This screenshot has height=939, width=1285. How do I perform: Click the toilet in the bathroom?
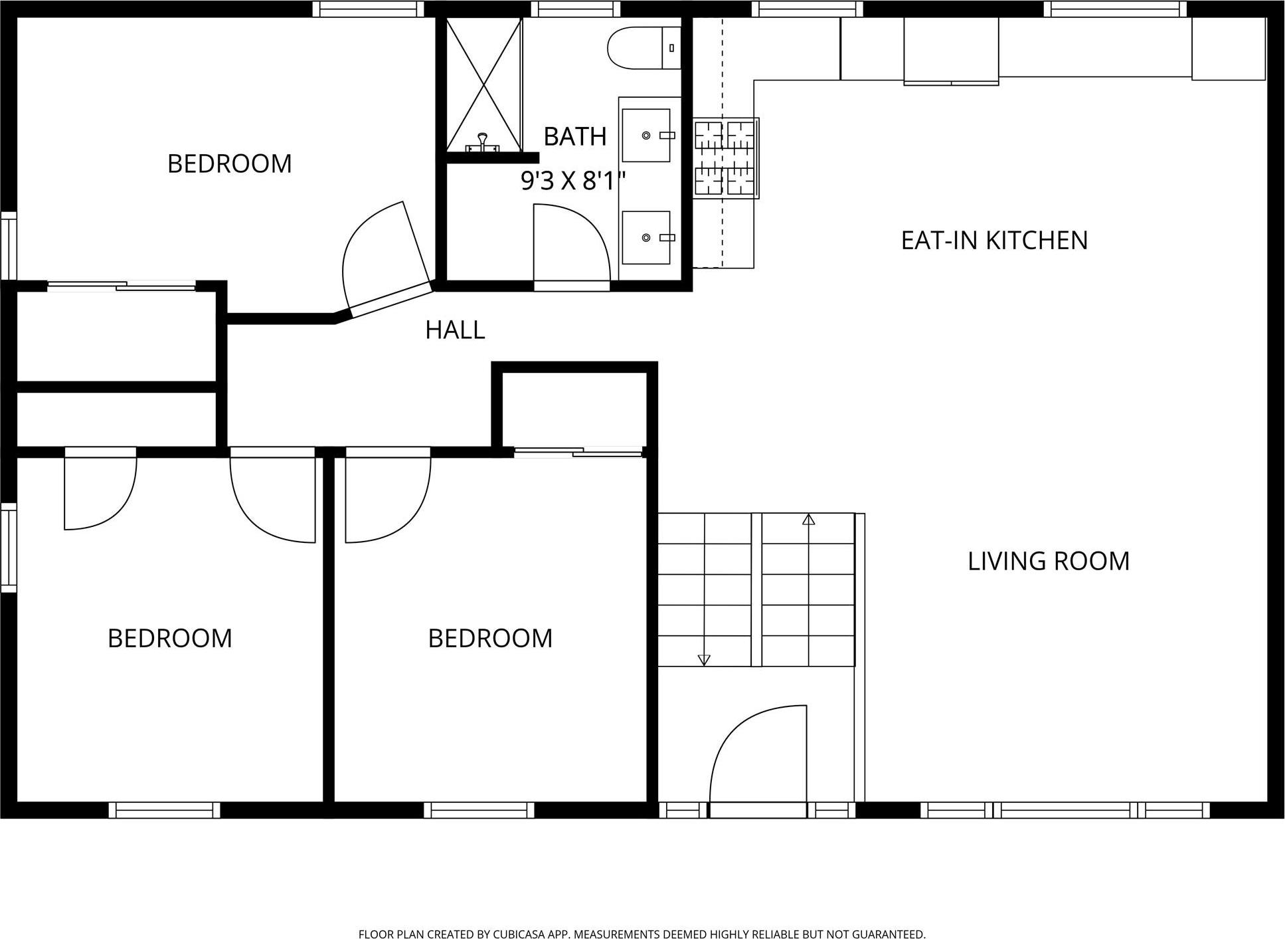(644, 48)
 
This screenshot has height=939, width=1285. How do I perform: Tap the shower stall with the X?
(483, 85)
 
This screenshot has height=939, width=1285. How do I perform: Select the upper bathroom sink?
(646, 136)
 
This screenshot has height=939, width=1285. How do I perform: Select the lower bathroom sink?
(646, 237)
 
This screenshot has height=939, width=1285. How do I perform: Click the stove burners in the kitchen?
(725, 158)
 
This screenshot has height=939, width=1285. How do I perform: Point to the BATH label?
(575, 137)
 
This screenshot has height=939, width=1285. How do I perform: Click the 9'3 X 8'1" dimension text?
(573, 181)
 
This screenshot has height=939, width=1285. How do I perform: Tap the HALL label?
(455, 330)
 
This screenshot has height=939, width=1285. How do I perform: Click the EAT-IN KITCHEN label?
(994, 241)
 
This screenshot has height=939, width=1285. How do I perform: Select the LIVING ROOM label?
(1049, 562)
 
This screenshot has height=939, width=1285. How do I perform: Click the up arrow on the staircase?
(808, 519)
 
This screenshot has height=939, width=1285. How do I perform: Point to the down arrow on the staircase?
(704, 660)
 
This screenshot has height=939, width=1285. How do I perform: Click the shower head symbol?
(483, 142)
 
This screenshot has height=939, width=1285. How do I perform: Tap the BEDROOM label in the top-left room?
(230, 164)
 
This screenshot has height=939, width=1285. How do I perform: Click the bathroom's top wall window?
(575, 9)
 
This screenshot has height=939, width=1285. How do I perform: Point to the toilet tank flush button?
(671, 48)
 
